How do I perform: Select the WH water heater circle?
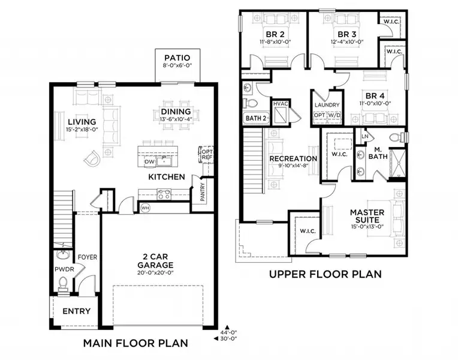coord(145,208)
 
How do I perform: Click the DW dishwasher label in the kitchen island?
coord(149,162)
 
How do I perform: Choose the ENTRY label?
coord(76,311)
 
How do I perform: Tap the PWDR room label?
coord(64,269)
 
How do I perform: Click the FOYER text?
coord(88,257)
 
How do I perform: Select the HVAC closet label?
coord(281,104)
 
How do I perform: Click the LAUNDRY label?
coord(327,105)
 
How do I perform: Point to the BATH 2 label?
coord(255,118)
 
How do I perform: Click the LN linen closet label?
coord(364,137)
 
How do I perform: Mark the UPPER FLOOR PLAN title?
coord(324,275)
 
